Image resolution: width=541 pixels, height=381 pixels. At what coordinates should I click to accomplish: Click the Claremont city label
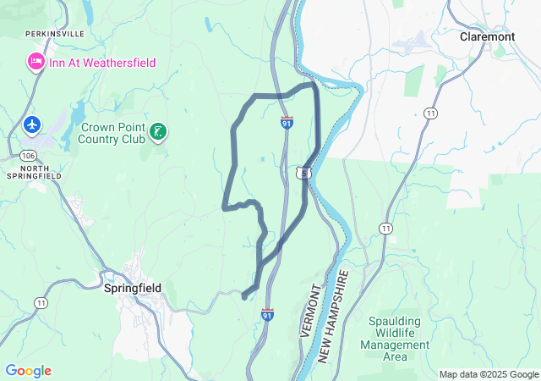pos(487,37)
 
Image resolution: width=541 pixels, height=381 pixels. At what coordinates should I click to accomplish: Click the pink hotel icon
pos(36,62)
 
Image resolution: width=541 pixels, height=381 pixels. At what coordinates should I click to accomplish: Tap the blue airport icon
pos(33,125)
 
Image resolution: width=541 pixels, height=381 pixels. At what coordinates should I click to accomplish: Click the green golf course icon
pos(157,131)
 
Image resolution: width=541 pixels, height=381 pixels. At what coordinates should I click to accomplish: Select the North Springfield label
pos(30,171)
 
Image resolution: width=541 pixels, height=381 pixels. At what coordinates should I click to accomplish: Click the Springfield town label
pos(132,288)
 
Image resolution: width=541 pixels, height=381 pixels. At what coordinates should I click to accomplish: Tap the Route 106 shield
pos(28,156)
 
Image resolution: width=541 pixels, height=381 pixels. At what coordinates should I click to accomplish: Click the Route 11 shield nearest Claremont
pos(431,113)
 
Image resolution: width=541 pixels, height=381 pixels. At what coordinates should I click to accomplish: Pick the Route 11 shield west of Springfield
pos(40,302)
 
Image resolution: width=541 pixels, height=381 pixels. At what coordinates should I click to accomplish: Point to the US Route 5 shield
pos(302,173)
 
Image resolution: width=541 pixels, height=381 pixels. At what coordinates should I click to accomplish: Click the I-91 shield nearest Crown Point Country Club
pos(287,124)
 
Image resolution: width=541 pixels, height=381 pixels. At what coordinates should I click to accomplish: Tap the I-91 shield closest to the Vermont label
pos(268,315)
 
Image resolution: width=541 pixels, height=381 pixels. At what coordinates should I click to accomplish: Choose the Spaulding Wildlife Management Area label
pos(395,339)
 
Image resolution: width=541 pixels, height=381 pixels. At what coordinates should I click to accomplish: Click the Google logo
pos(28,371)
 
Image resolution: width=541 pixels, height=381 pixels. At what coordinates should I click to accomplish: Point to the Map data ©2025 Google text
pos(488,374)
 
